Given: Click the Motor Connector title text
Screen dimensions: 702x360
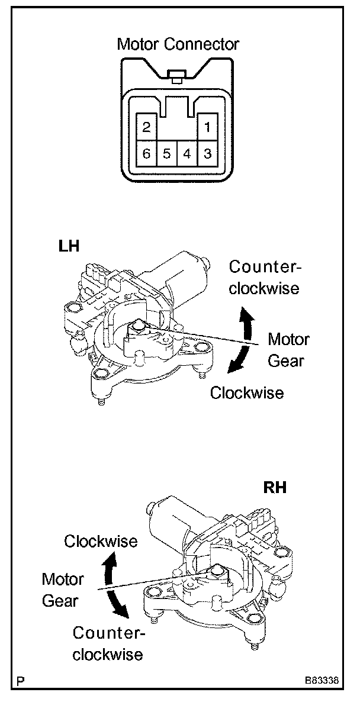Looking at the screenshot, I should [178, 44].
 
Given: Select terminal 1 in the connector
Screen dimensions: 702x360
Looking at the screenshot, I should [207, 126].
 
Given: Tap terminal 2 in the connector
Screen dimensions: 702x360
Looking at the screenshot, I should [147, 126].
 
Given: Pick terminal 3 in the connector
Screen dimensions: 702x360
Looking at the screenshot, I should [207, 154].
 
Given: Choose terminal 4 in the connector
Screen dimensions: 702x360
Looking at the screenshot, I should [187, 154].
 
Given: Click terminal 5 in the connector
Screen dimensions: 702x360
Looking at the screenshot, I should [167, 154].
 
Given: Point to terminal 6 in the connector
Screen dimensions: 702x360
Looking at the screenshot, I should [147, 154].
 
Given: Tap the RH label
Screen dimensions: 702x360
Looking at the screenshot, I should [275, 488].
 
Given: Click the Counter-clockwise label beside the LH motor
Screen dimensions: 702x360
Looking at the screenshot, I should [265, 278].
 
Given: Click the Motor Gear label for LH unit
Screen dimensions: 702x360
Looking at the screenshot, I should [288, 350].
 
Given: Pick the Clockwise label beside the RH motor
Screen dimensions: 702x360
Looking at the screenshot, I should [101, 541].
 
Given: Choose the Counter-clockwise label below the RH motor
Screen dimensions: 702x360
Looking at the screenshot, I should [108, 643].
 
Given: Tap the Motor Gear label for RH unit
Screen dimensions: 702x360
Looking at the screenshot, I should [63, 590].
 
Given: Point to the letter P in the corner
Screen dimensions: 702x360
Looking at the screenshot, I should [21, 682].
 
